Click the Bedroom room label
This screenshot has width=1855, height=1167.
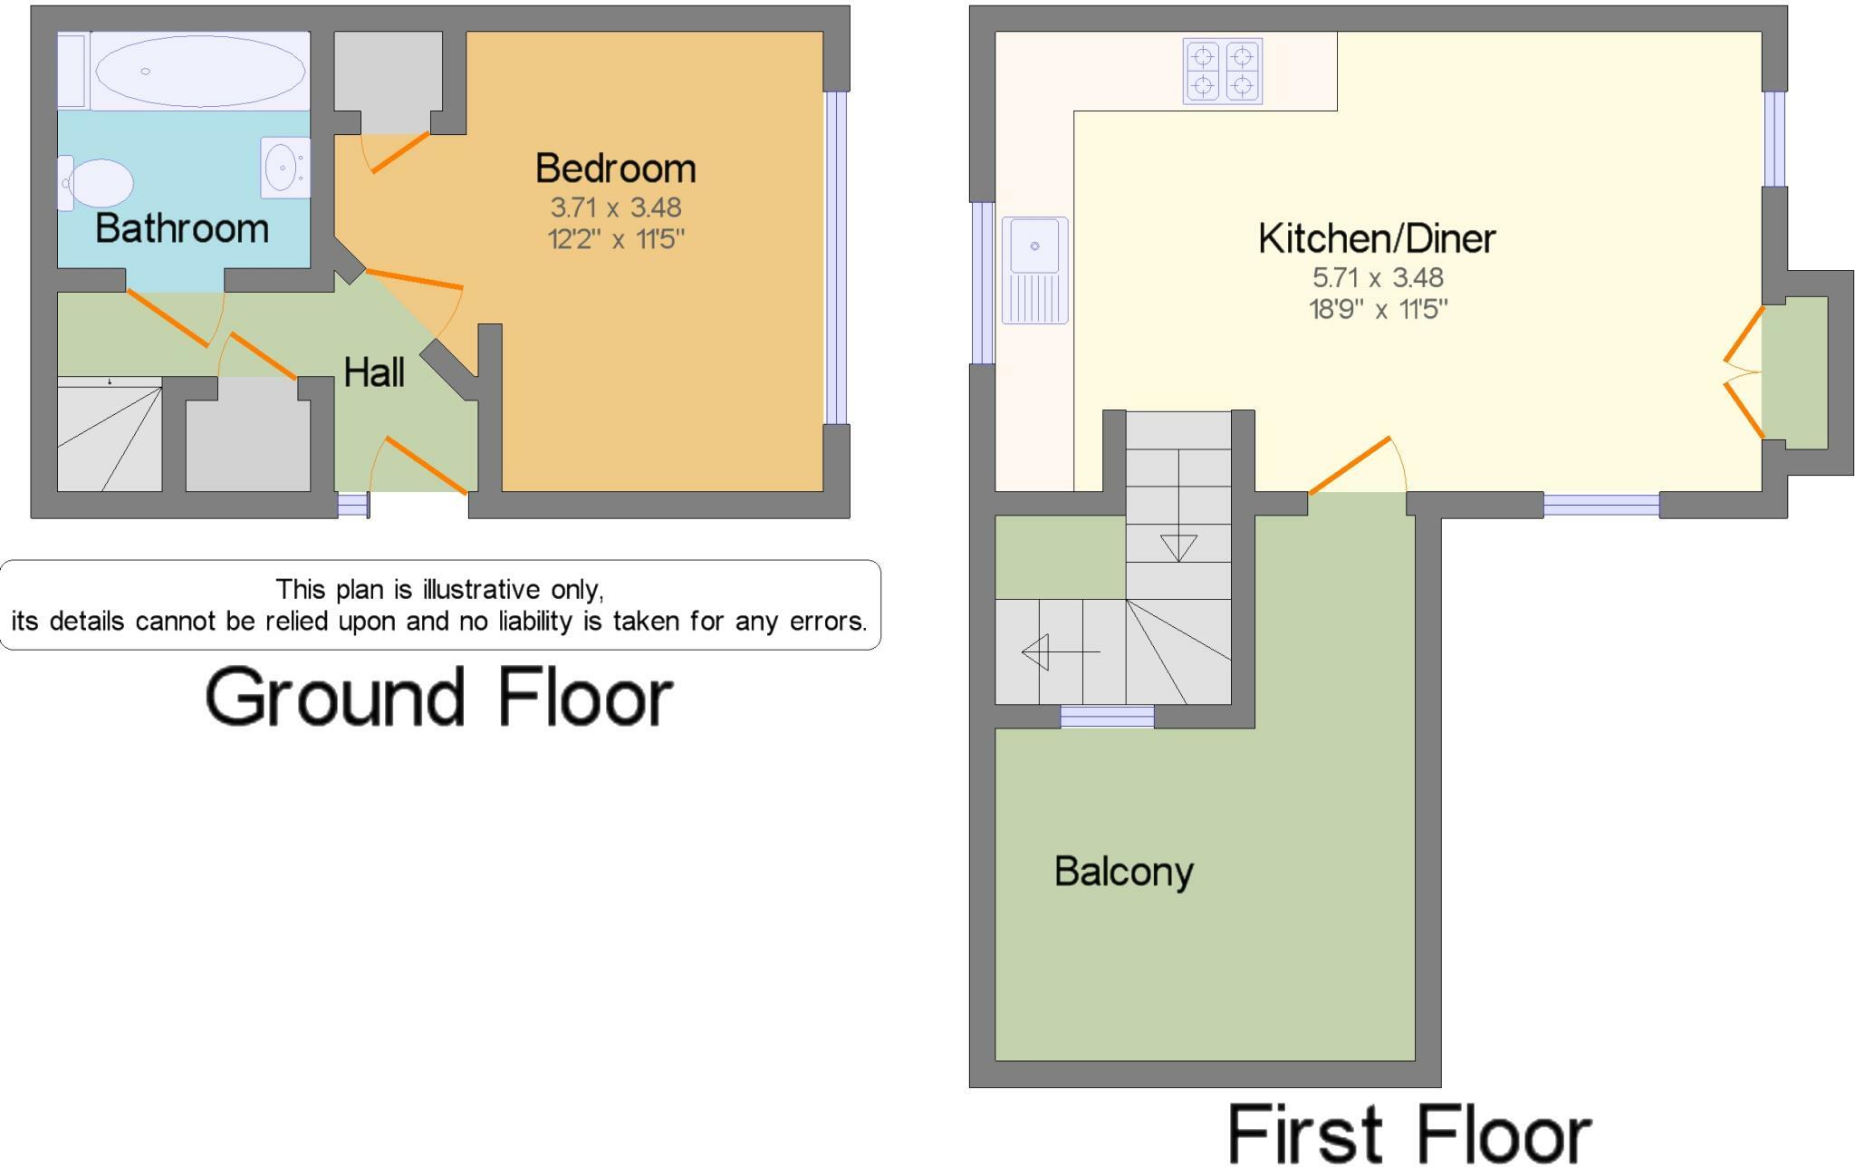point(615,169)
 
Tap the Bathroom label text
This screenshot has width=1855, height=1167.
point(182,228)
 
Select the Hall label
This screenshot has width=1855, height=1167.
point(374,372)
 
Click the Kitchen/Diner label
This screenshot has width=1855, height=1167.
point(1377,238)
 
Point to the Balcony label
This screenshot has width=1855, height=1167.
point(1123,872)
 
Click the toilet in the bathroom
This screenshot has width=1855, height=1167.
point(98,184)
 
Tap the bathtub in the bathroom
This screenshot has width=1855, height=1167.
point(199,71)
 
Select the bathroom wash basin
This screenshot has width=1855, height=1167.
point(284,168)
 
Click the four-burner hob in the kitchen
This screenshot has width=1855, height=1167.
point(1223,71)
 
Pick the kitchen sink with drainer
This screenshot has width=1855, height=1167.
point(1034,269)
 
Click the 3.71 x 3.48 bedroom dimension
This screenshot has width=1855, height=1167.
point(615,207)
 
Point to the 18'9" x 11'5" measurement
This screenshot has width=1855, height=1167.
point(1377,310)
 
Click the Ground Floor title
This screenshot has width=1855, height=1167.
point(439,697)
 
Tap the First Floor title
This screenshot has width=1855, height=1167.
point(1408,1133)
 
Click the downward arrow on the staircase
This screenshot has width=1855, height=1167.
point(1178,547)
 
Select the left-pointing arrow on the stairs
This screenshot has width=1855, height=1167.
point(1036,651)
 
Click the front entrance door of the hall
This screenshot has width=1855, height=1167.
point(426,466)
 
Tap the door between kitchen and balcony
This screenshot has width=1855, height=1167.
point(1350,465)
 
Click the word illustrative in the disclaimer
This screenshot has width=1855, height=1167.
point(488,590)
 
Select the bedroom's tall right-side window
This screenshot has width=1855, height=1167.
point(835,258)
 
